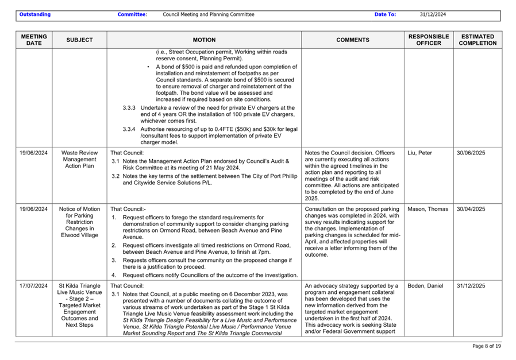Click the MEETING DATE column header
coord(34,40)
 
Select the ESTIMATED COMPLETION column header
coord(478,40)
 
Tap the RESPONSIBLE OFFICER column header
coord(429,40)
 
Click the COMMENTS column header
coord(352,40)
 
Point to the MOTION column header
coord(204,40)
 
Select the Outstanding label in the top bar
coord(34,14)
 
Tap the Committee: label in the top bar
coord(132,14)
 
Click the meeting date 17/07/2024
coord(34,285)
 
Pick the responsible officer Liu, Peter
coord(419,153)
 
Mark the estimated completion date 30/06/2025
coord(471,153)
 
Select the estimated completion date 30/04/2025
coord(471,209)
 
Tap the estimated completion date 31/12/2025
coord(471,285)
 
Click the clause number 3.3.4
coord(129,129)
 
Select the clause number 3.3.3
coord(129,107)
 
